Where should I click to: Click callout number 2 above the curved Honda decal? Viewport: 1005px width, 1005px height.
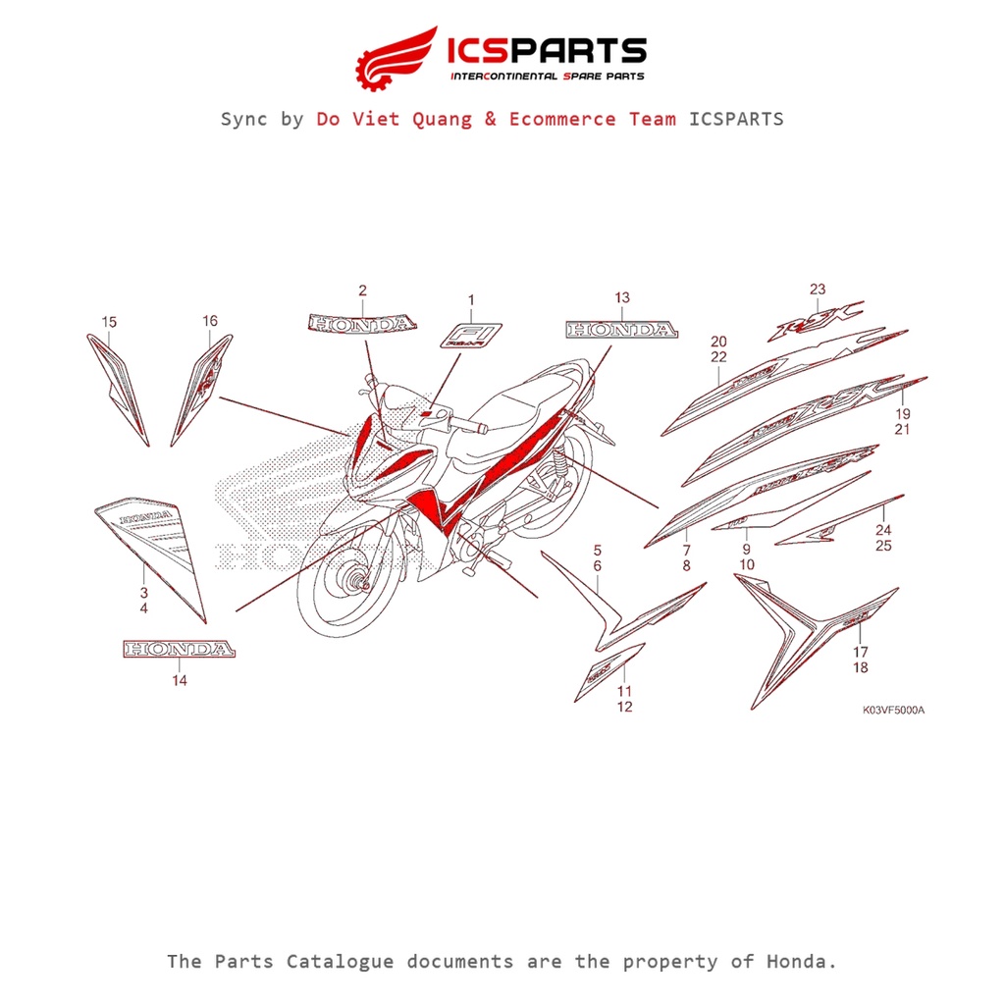coord(362,291)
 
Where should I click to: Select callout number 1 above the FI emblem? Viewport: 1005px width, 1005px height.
coord(470,300)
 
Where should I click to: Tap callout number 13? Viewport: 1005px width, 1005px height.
coord(622,298)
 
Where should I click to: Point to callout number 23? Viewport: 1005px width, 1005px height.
coord(818,290)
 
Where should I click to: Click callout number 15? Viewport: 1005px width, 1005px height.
coord(109,322)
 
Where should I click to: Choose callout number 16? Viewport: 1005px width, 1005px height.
coord(210,321)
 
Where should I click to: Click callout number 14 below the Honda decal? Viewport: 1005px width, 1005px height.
coord(179,679)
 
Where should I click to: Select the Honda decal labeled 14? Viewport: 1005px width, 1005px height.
coord(179,650)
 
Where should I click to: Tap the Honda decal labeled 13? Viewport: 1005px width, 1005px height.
coord(621,330)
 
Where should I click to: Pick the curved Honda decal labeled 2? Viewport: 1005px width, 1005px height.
coord(362,323)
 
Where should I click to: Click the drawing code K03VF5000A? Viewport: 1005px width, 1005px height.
coord(893,711)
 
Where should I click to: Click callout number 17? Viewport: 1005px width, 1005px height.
coord(861,652)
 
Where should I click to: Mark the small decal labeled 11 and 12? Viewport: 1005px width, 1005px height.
coord(609,671)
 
